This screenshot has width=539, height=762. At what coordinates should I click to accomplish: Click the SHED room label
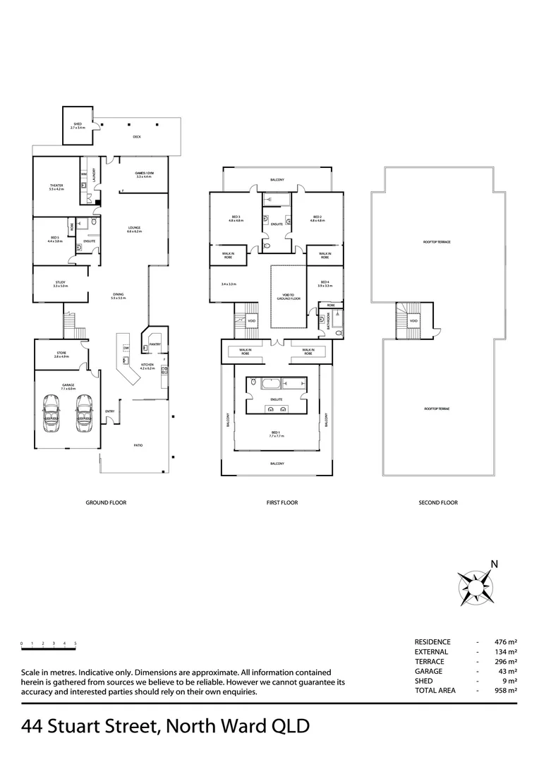coord(78,126)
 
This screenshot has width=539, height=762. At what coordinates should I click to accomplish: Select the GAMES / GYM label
coord(145,174)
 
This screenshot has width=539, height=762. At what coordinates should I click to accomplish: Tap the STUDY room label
coord(61,284)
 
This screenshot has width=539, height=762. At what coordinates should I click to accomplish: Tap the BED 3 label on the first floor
coord(236,218)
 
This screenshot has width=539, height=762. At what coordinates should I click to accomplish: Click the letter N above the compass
coord(495,564)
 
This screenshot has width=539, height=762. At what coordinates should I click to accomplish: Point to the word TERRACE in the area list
coord(430,662)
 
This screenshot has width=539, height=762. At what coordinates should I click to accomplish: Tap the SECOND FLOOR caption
coord(437,503)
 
